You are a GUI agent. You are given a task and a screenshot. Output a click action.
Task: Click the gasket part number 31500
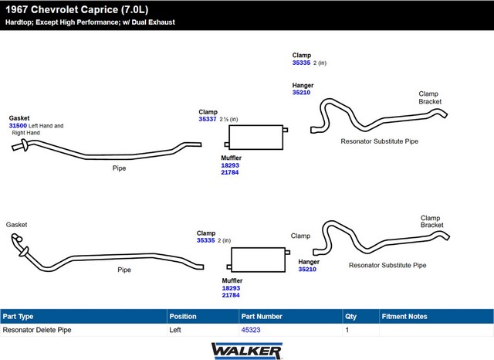point(18,125)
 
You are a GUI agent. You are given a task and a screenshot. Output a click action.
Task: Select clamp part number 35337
point(208,119)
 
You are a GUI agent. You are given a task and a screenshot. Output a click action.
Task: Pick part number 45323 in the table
point(251,330)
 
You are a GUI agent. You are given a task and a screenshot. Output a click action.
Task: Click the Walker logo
point(247,351)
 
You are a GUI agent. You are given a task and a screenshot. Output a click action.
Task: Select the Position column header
point(183,316)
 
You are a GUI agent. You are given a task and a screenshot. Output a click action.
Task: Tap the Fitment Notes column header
point(404,316)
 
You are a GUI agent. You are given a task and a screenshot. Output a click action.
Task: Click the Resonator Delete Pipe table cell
point(37,330)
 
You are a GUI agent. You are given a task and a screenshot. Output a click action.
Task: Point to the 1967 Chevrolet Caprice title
point(77,9)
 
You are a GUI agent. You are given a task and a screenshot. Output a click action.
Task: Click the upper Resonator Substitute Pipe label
point(379,141)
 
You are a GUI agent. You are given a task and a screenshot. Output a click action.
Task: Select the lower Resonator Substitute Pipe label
point(387,265)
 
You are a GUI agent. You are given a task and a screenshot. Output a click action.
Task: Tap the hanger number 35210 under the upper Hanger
point(301,93)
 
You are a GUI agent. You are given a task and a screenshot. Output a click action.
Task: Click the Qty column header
point(350,317)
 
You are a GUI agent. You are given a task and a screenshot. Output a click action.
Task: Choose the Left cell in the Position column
point(175,330)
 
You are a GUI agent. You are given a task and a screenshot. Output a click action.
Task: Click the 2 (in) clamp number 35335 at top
point(301,63)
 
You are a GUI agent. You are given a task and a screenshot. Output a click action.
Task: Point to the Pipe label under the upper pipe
point(119,168)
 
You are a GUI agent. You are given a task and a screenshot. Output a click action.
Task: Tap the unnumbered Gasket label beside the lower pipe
point(16,225)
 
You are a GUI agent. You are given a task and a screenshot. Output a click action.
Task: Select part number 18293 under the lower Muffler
point(231,288)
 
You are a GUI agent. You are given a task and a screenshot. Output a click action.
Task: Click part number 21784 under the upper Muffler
point(230,172)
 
